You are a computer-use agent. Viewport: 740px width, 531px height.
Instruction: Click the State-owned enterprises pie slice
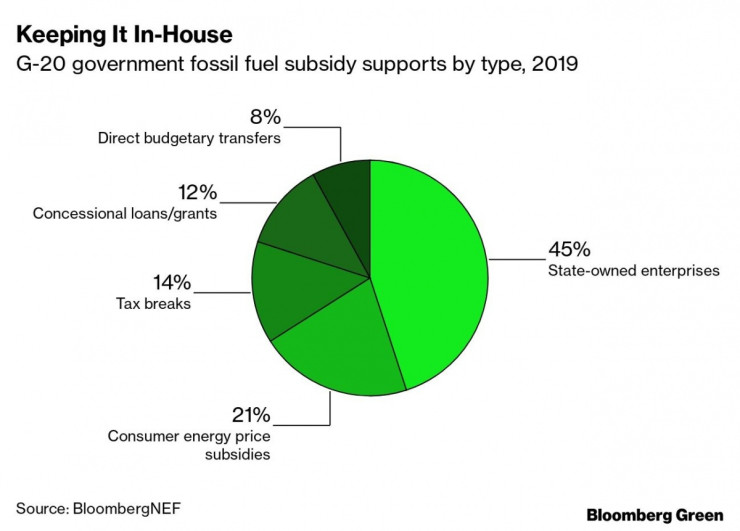click(435, 270)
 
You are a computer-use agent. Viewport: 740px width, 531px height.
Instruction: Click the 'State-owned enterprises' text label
click(632, 270)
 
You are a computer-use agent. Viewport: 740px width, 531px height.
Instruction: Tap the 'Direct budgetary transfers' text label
click(188, 139)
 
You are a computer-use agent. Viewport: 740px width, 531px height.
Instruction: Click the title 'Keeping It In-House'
click(124, 35)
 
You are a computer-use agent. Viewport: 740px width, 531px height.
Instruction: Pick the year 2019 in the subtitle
click(556, 67)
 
